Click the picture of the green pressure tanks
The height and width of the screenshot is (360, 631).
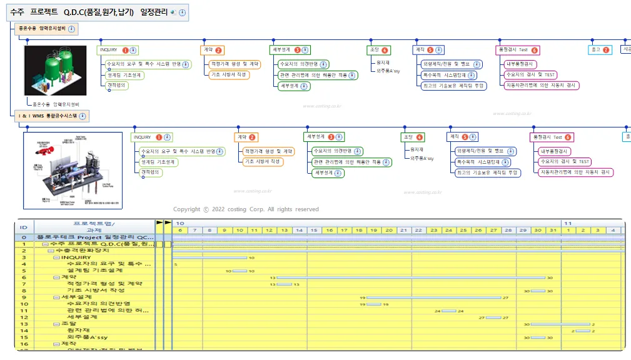(x=55, y=69)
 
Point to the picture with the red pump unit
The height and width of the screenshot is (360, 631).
(x=72, y=169)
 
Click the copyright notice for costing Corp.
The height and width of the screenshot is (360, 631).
(x=246, y=209)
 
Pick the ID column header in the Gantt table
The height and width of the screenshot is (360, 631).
(x=24, y=227)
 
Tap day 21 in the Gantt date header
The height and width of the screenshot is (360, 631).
(x=405, y=230)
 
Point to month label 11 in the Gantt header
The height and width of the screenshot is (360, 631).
(x=568, y=223)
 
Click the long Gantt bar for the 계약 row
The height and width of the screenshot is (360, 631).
(x=410, y=277)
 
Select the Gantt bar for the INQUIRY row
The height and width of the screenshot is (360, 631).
(x=209, y=257)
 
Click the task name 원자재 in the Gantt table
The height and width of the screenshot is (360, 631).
(x=78, y=331)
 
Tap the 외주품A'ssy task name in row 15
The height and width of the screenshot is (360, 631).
(x=87, y=337)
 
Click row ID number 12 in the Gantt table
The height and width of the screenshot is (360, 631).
(x=24, y=317)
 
